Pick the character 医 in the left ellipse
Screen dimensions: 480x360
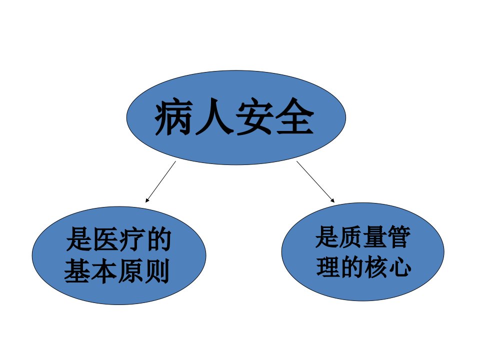click(x=105, y=239)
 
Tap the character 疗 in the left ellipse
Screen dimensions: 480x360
click(x=131, y=239)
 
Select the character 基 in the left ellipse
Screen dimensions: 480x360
click(x=77, y=270)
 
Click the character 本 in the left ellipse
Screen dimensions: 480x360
click(x=103, y=270)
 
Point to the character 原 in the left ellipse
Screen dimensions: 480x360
click(x=130, y=270)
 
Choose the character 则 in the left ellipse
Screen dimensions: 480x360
click(x=156, y=270)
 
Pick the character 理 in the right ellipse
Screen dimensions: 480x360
click(x=328, y=266)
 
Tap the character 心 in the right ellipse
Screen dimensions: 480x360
click(x=399, y=266)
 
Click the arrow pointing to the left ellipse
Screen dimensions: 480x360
click(x=160, y=182)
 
